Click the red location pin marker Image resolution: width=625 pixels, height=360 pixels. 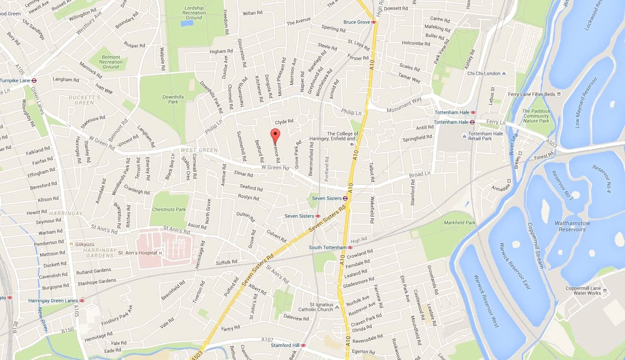coord(275,135)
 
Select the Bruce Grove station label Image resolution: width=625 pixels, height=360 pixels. coord(357,22)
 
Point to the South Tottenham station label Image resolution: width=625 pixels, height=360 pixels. coord(328,248)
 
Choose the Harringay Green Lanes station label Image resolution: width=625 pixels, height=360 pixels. coord(53,301)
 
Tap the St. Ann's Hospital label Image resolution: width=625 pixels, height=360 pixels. coord(137,253)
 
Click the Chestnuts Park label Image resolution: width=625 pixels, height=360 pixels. coord(169,209)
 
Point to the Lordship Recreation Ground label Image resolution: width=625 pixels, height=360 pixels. coord(194,13)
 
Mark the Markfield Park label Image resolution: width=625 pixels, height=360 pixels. coord(459,222)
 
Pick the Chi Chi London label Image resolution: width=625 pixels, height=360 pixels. coord(484,74)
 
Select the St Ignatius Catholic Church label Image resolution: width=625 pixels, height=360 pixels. coord(315,307)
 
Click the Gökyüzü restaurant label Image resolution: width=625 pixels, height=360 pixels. coord(83,244)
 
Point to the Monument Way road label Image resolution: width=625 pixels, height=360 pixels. coord(404,106)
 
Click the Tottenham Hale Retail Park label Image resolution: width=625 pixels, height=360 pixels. coord(486,136)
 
